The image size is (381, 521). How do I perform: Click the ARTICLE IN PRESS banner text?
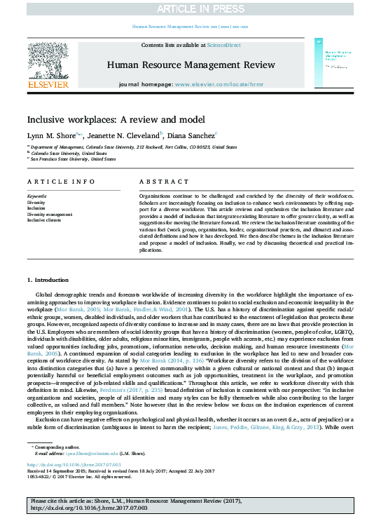pyautogui.click(x=190, y=8)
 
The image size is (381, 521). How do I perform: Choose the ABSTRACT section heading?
pyautogui.click(x=155, y=182)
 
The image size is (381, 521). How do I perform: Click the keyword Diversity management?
pyautogui.click(x=49, y=215)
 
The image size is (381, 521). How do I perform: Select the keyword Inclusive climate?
pyautogui.click(x=44, y=220)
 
